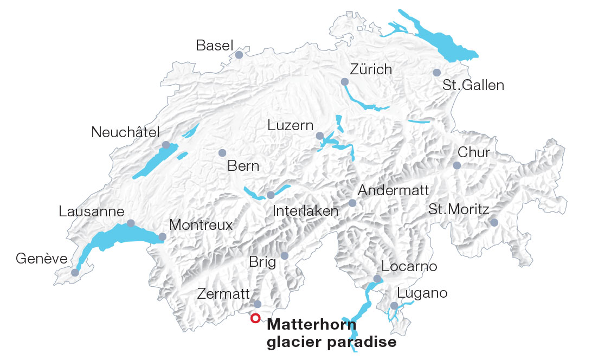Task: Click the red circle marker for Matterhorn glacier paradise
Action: pyautogui.click(x=255, y=318)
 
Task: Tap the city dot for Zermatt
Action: pyautogui.click(x=258, y=304)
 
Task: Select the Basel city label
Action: pyautogui.click(x=214, y=46)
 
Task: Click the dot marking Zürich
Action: pyautogui.click(x=345, y=82)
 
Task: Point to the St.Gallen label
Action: pyautogui.click(x=473, y=85)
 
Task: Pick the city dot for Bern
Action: pyautogui.click(x=222, y=153)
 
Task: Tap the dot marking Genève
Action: pyautogui.click(x=75, y=272)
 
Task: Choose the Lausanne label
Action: pyautogui.click(x=92, y=211)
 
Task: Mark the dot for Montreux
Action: pyautogui.click(x=162, y=237)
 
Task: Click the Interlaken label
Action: pyautogui.click(x=306, y=210)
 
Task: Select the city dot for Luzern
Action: pyautogui.click(x=320, y=136)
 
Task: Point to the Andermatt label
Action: pyautogui.click(x=394, y=190)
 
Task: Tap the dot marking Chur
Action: pyautogui.click(x=457, y=165)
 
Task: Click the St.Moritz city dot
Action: pyautogui.click(x=494, y=222)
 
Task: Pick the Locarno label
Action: pyautogui.click(x=409, y=267)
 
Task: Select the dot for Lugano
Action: pyautogui.click(x=394, y=306)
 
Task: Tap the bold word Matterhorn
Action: pyautogui.click(x=312, y=325)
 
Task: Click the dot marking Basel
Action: pyautogui.click(x=239, y=55)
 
